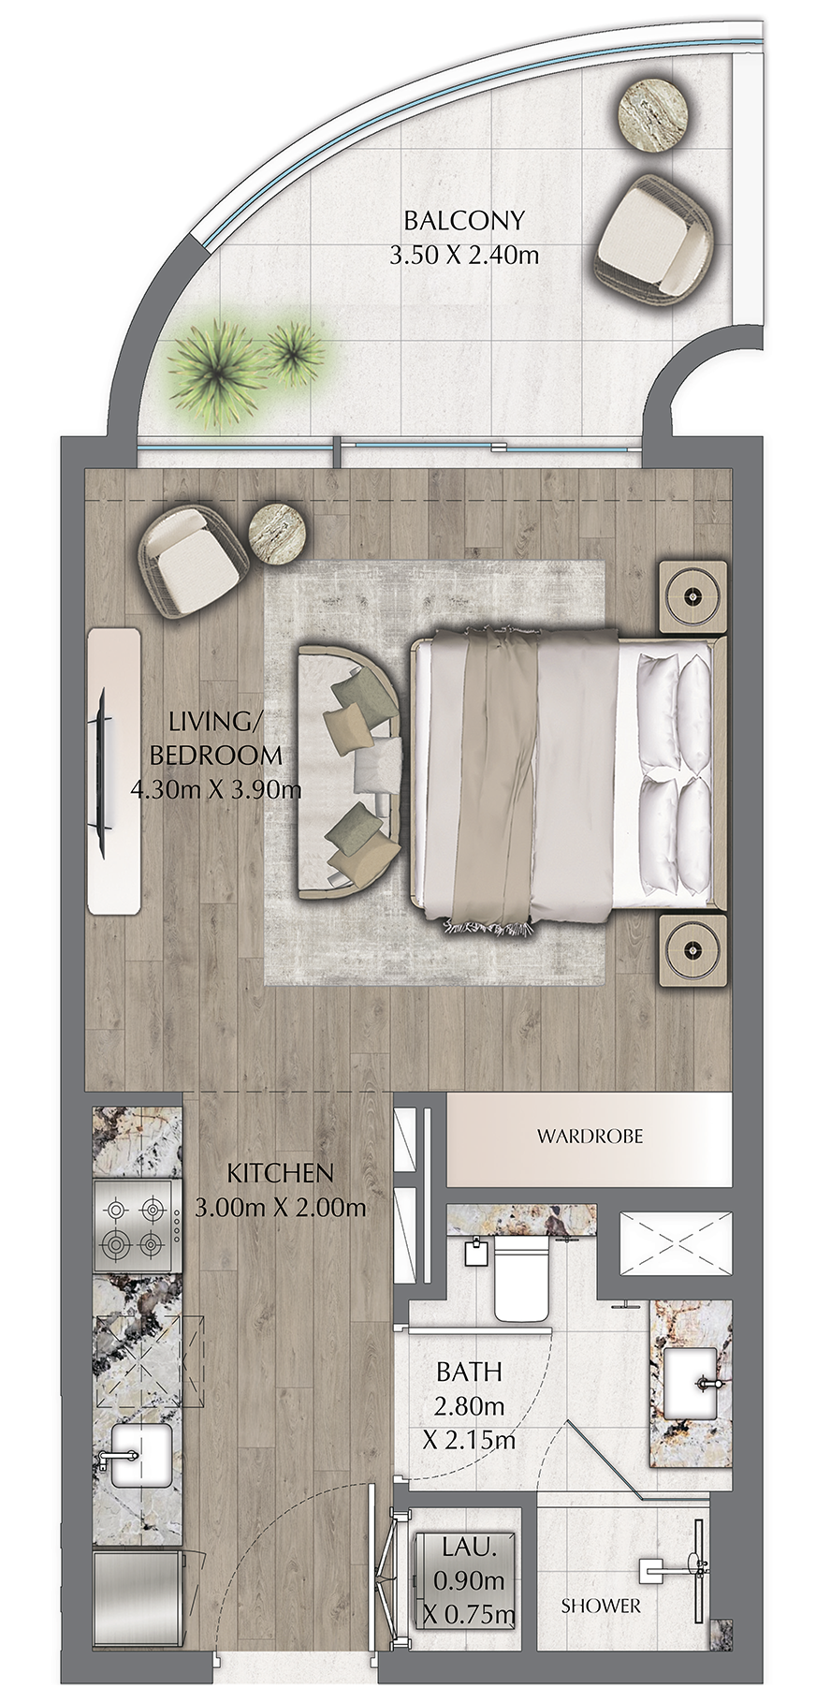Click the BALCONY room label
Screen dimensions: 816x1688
(x=463, y=221)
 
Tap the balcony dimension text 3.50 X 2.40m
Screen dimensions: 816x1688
(x=463, y=254)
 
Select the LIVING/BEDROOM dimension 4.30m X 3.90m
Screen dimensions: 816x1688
(x=215, y=789)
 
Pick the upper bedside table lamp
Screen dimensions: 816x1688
(x=693, y=595)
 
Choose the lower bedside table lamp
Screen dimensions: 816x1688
(x=692, y=950)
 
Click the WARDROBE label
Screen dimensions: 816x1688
(x=590, y=1137)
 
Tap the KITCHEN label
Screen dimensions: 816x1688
(x=280, y=1172)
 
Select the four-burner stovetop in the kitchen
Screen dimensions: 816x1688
(x=138, y=1226)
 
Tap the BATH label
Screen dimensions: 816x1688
(x=469, y=1372)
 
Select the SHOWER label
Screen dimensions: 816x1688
(x=601, y=1606)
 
